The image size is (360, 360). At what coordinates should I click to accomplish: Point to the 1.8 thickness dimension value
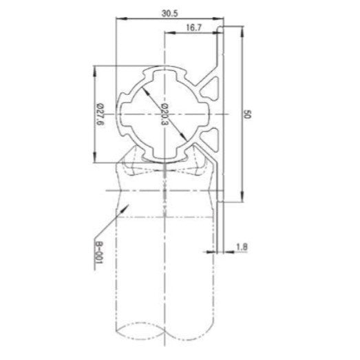tap(241, 246)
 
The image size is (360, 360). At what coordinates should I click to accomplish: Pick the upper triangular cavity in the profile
tap(211, 89)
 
